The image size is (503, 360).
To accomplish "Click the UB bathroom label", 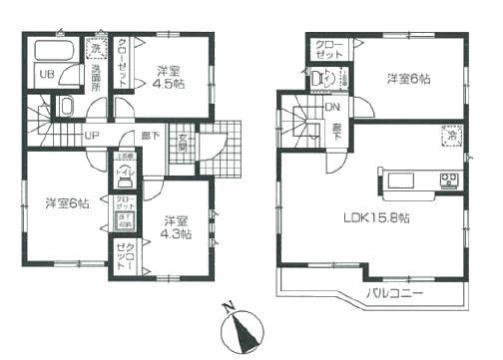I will [x=45, y=73].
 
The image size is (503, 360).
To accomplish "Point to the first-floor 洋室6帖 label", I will [x=67, y=202].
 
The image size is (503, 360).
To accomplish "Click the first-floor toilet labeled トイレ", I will [x=127, y=171].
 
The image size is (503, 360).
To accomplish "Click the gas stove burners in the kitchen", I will [x=449, y=180].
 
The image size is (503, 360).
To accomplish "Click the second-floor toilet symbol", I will [x=318, y=80].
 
